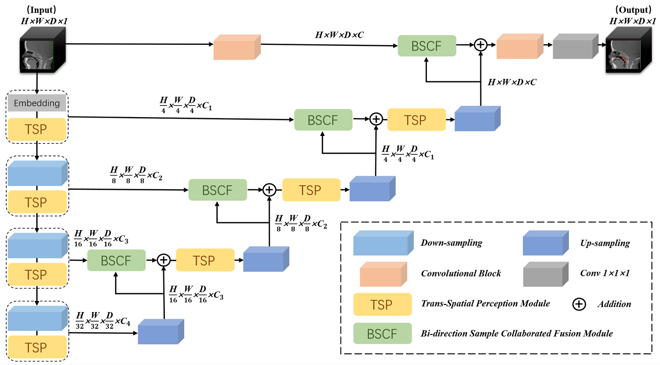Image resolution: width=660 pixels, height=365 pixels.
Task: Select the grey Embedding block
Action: (x=37, y=103)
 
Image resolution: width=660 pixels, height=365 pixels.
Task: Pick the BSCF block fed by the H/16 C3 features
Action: (x=116, y=260)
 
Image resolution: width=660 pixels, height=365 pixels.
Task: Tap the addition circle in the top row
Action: (x=480, y=45)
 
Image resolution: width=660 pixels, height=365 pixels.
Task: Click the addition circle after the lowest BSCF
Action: (x=163, y=260)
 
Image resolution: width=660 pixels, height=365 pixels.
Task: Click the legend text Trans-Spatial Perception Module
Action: (x=485, y=303)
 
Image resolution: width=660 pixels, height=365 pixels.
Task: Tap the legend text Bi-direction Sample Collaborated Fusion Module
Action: (x=516, y=333)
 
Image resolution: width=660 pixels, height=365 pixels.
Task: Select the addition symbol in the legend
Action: (x=579, y=304)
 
